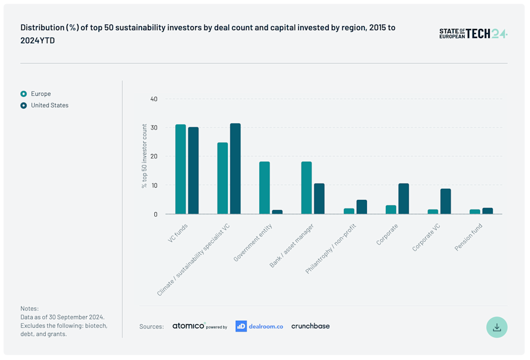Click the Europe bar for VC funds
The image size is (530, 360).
click(x=180, y=169)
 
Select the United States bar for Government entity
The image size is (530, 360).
click(x=277, y=212)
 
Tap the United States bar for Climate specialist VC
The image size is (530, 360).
click(x=235, y=169)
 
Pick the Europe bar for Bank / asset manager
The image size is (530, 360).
click(x=306, y=188)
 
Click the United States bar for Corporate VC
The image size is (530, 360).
click(x=445, y=201)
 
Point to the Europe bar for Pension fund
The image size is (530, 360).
click(x=474, y=212)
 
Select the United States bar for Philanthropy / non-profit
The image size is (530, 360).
click(x=361, y=207)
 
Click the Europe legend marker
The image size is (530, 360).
click(x=23, y=94)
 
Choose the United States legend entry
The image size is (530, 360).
click(x=49, y=106)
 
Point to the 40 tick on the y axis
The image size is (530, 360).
click(x=153, y=99)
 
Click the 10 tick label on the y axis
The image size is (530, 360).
click(x=153, y=186)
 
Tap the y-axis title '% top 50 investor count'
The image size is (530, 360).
click(x=144, y=156)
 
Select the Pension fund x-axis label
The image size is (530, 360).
click(x=468, y=237)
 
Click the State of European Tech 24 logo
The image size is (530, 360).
click(x=473, y=34)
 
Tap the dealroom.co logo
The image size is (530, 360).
click(x=259, y=326)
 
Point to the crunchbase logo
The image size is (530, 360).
click(x=310, y=326)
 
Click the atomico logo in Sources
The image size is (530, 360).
click(x=189, y=326)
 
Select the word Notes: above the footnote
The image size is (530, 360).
click(x=30, y=308)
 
